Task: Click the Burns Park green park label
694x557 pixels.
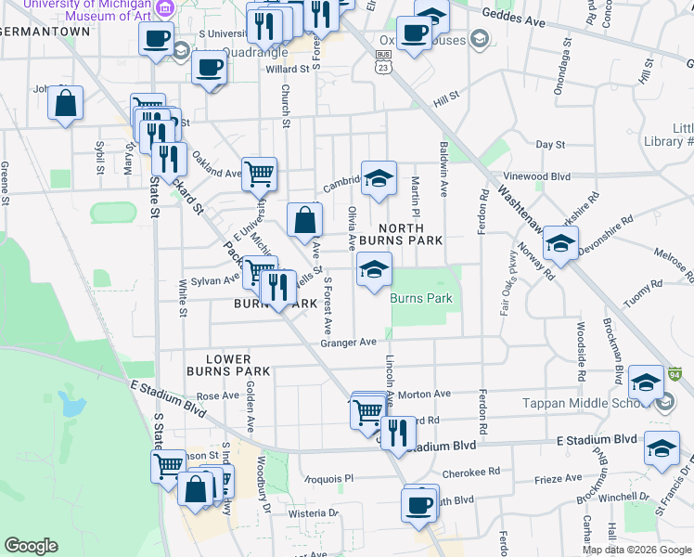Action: coord(421,299)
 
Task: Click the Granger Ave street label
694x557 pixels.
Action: coord(348,342)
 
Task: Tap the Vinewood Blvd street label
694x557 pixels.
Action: coord(561,175)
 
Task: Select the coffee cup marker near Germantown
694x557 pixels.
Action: coord(156,39)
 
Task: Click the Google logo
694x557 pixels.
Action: coord(31,546)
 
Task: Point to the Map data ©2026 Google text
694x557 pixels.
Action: coord(636,550)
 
